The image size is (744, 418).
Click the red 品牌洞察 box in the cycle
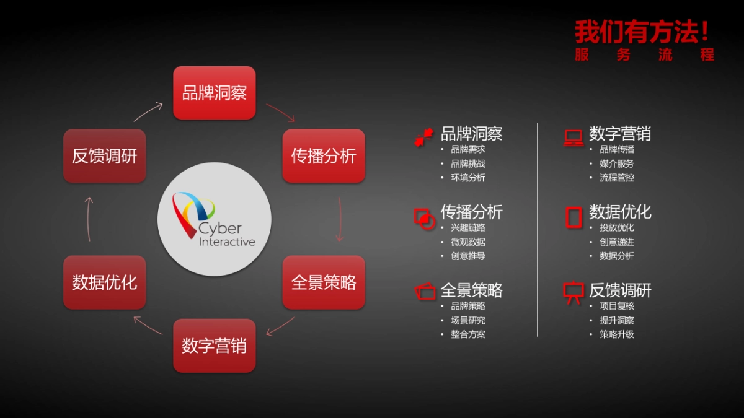click(x=214, y=93)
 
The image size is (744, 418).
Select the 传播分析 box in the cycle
click(x=324, y=155)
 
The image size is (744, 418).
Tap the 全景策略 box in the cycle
click(x=324, y=282)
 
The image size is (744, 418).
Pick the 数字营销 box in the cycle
click(x=214, y=346)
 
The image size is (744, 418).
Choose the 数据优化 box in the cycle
click(x=104, y=282)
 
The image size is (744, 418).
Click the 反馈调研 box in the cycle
click(x=104, y=155)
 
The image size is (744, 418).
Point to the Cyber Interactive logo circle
click(x=214, y=219)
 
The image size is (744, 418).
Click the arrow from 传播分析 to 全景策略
click(x=339, y=219)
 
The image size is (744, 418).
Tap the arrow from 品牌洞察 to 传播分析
click(x=281, y=112)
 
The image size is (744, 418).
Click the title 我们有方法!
click(x=642, y=31)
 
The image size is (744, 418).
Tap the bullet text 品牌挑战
click(x=468, y=164)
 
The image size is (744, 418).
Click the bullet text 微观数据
click(x=468, y=242)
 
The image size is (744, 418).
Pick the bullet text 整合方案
click(x=468, y=334)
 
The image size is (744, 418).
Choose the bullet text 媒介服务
click(x=617, y=164)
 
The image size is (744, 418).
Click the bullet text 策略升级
click(x=617, y=334)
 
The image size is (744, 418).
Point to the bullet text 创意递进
click(x=617, y=242)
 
